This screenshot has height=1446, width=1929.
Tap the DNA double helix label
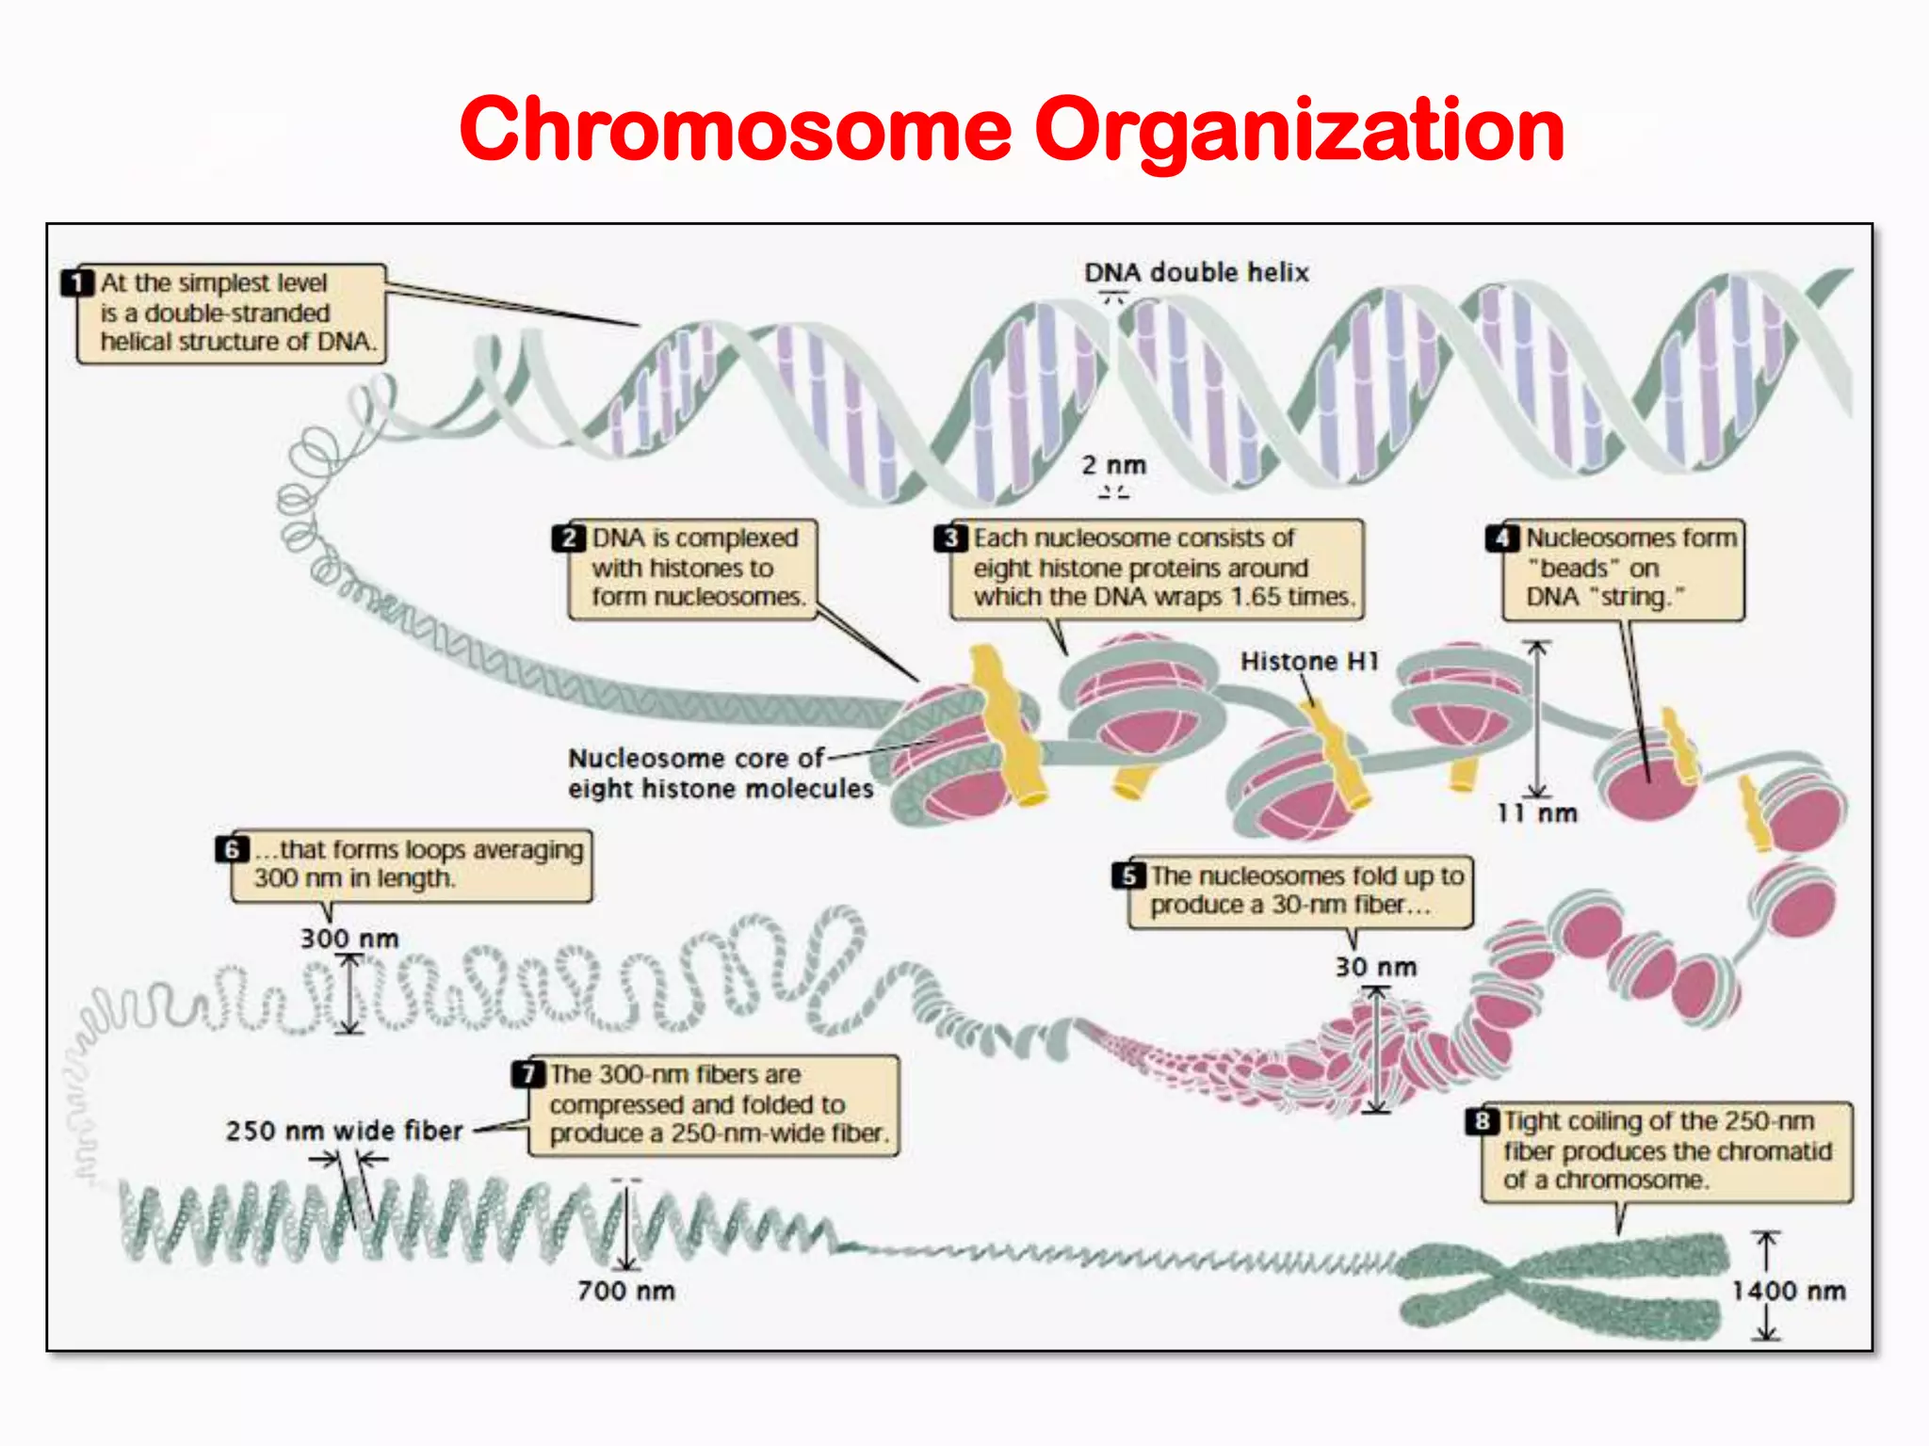1196,273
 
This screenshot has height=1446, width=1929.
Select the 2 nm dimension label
1113,465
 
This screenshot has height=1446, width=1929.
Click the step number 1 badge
77,282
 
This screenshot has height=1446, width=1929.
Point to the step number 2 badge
569,538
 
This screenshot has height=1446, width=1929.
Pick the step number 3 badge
951,538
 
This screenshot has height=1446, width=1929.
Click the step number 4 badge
1502,538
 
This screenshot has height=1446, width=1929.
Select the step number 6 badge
232,849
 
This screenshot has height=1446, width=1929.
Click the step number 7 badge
528,1074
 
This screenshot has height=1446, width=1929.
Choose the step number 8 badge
1482,1121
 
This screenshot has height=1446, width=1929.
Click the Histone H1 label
1309,662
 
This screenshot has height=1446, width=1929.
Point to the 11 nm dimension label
1537,813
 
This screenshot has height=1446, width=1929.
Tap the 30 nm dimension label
1375,967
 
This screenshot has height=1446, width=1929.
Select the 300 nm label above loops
349,939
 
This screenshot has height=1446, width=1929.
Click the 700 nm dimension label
626,1291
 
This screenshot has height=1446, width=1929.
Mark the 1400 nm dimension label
1788,1291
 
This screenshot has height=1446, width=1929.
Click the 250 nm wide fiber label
344,1131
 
